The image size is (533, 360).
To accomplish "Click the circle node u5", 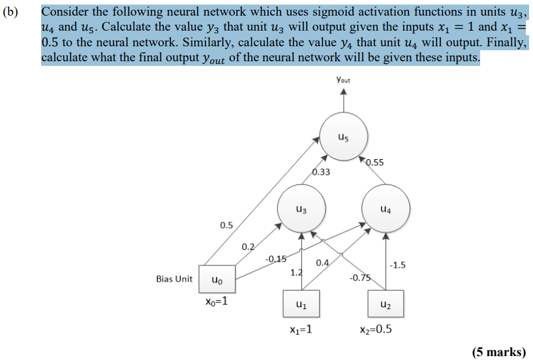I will [343, 138].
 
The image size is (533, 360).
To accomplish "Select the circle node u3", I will [299, 209].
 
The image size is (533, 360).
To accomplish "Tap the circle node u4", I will [386, 209].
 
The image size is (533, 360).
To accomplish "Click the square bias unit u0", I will [217, 279].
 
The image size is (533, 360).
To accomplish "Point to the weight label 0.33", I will [321, 172].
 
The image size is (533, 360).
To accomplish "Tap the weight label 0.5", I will [226, 225].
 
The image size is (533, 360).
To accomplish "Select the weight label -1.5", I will [397, 264].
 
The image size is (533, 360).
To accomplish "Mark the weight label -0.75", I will [359, 278].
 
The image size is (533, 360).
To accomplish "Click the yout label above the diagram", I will [343, 80].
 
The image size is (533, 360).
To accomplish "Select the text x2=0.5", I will [374, 329].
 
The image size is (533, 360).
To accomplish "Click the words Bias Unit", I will [174, 278].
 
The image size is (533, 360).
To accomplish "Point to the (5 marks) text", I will [498, 352].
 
